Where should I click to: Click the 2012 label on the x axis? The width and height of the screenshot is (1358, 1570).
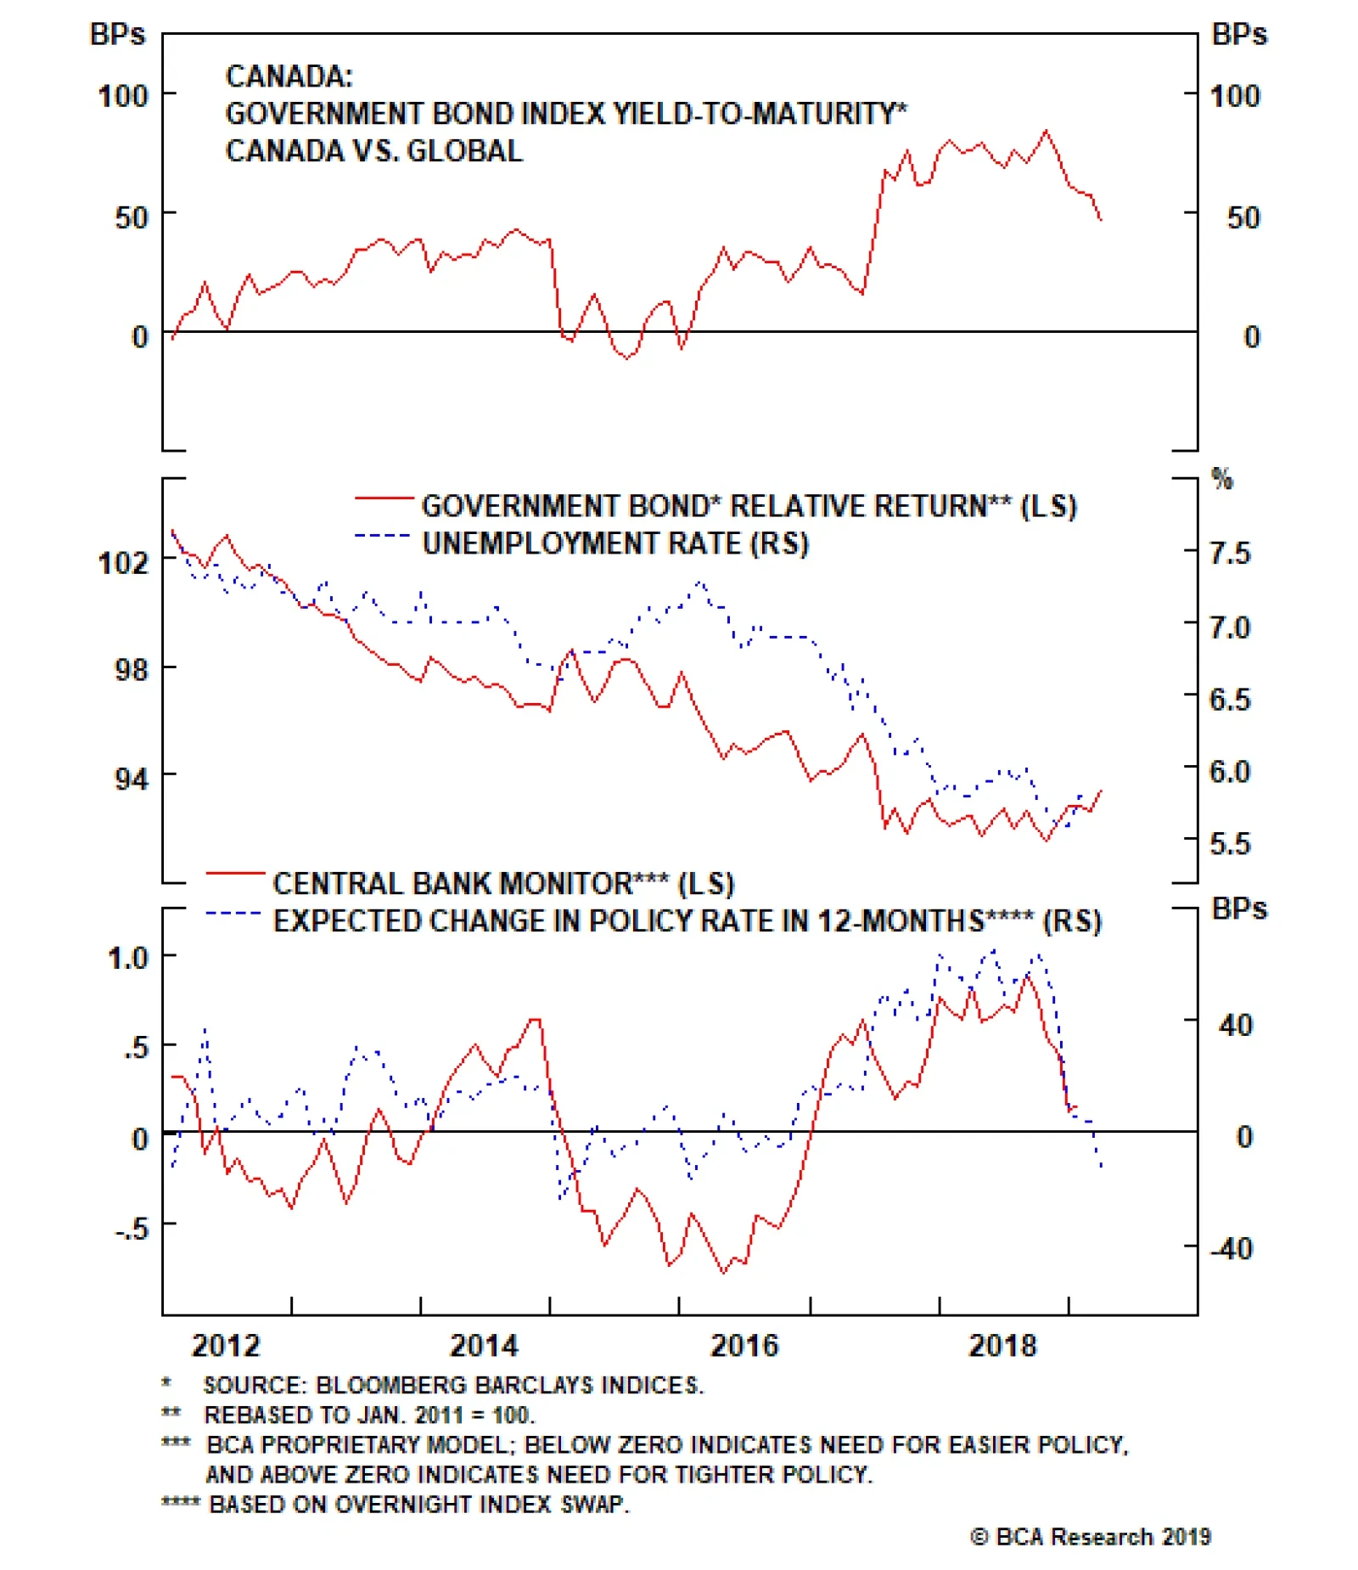(226, 1346)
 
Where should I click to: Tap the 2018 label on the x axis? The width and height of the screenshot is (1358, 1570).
(1002, 1346)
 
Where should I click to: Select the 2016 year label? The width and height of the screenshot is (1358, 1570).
(744, 1346)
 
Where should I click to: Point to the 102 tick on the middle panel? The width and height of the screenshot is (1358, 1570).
(124, 562)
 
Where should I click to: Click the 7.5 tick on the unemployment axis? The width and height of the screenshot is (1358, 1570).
(1230, 554)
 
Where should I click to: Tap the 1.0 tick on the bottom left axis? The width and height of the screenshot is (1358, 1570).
(128, 958)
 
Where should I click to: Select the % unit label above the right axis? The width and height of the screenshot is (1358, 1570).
(1222, 479)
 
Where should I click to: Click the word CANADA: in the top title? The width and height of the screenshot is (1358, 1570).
(289, 76)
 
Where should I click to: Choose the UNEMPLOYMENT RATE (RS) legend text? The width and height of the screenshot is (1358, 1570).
(615, 543)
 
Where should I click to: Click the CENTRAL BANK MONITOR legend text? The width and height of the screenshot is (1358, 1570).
(452, 884)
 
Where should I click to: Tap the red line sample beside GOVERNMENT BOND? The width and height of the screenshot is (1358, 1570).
(384, 498)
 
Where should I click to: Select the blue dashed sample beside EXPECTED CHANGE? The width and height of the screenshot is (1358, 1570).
(233, 914)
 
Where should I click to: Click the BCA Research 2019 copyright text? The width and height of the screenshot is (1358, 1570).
(1091, 1537)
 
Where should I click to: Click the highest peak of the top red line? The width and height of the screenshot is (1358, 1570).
(1046, 131)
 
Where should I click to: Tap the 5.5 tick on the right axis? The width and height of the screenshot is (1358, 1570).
(1230, 844)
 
